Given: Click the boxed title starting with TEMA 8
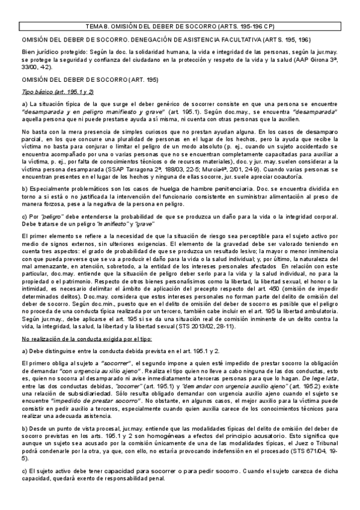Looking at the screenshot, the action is [x=180, y=26].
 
